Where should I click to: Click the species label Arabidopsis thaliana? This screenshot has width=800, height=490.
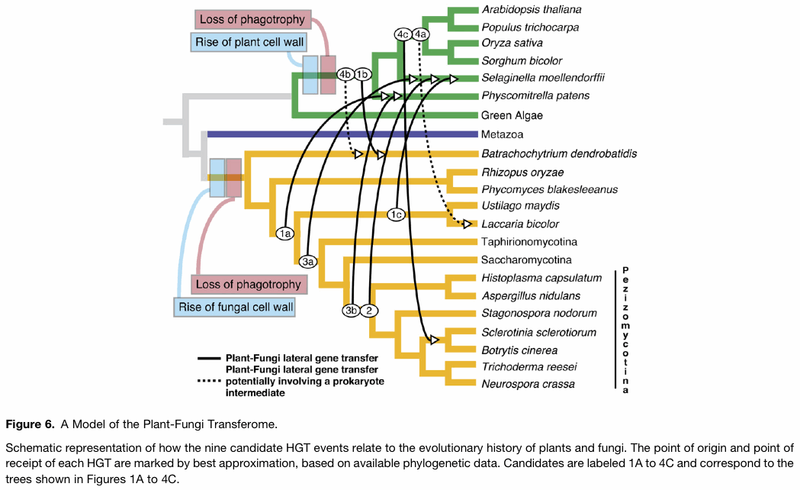(531, 9)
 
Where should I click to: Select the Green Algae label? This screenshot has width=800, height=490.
(512, 115)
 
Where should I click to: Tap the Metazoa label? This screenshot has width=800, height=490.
(502, 134)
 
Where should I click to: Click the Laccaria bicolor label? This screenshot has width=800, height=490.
(520, 224)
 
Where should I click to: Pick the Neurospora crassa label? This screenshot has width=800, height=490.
(527, 383)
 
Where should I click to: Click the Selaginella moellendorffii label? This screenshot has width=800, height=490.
(542, 77)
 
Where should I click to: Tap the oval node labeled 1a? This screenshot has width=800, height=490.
(285, 234)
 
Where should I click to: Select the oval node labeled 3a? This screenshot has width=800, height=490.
(308, 262)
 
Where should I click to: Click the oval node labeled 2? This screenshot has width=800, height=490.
(369, 310)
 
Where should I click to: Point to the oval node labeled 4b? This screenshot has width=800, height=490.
(345, 73)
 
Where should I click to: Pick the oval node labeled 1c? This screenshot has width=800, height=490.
(395, 214)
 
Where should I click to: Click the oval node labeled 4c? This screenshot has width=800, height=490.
(403, 34)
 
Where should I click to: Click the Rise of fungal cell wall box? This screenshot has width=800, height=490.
(236, 308)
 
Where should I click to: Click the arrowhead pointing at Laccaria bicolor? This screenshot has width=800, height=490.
(467, 224)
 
